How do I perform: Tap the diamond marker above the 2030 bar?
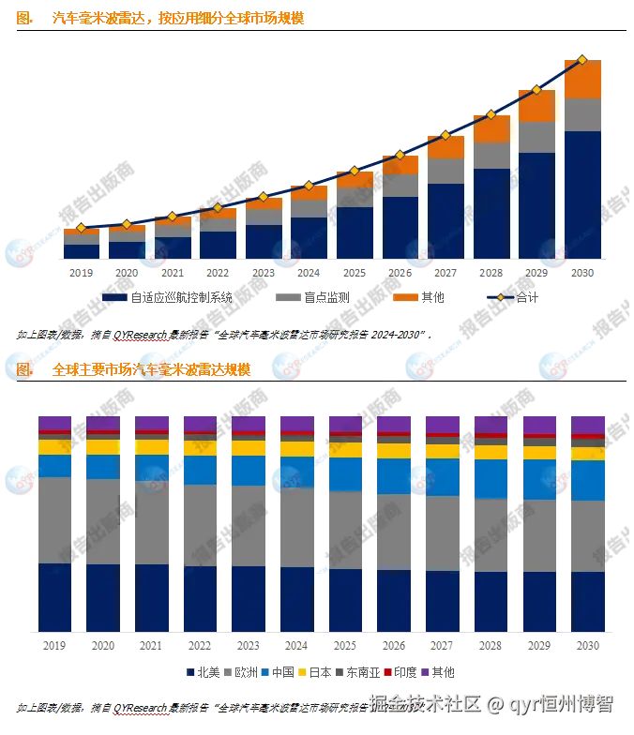(582, 60)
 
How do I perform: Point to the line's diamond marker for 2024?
(309, 186)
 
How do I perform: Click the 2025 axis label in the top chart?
(355, 273)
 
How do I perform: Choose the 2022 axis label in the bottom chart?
(199, 646)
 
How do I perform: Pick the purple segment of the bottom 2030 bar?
(589, 424)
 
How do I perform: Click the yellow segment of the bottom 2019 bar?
(55, 446)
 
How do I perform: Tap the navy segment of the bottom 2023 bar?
(249, 598)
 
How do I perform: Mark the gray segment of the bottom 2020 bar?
(103, 520)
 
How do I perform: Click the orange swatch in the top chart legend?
(405, 297)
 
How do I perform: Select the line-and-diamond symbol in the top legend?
(500, 297)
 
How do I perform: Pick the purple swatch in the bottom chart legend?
(424, 672)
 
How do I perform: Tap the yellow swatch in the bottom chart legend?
(303, 672)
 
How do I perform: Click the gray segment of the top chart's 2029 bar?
(536, 137)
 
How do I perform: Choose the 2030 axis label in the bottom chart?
(589, 646)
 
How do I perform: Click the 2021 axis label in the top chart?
(172, 273)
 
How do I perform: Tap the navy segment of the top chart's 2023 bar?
(263, 241)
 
